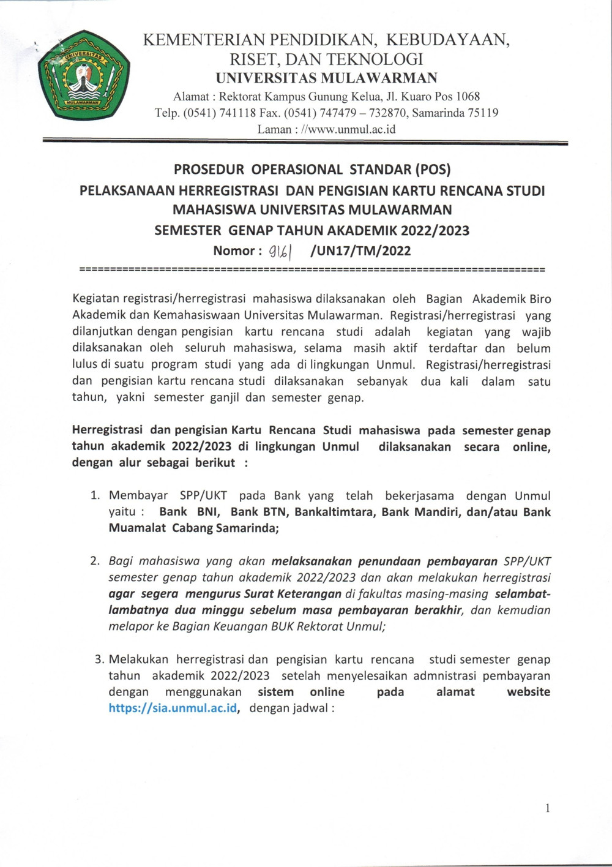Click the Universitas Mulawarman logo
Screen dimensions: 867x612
click(83, 75)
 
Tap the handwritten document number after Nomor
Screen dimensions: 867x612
click(280, 251)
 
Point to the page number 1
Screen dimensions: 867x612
click(547, 808)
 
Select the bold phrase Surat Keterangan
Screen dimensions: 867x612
click(293, 593)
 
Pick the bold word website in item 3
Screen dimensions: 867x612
click(528, 692)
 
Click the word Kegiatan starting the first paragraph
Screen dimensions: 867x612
click(96, 299)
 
